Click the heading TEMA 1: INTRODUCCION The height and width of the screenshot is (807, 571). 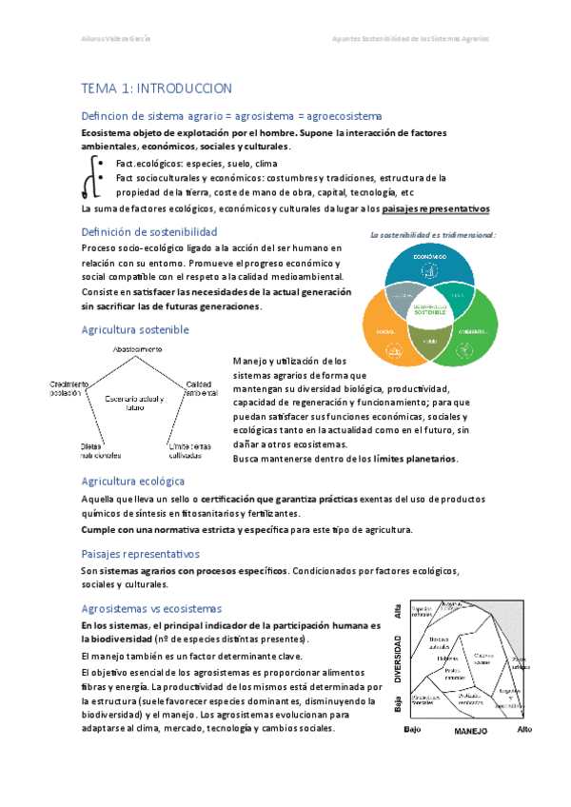tap(157, 88)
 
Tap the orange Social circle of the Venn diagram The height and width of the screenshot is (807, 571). tap(385, 329)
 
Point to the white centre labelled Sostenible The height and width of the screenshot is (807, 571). tap(429, 309)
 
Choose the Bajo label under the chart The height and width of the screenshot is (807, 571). tap(410, 729)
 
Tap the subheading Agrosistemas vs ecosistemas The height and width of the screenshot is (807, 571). tap(151, 608)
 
